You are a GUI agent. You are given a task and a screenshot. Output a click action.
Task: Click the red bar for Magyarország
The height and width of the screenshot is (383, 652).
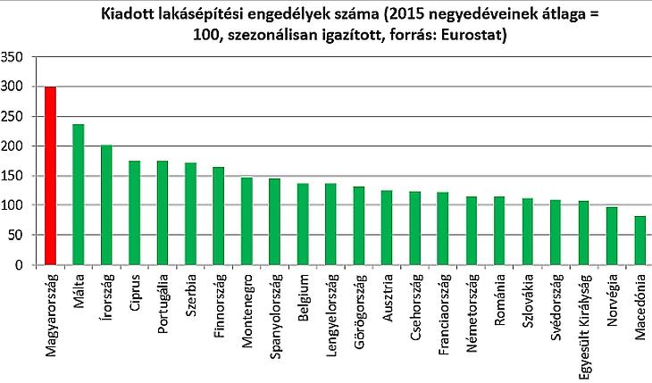click(x=50, y=176)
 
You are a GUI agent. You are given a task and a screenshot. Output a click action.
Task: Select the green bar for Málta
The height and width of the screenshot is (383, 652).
click(x=79, y=195)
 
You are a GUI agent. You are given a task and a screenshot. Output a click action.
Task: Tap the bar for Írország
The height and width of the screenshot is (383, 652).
click(x=106, y=204)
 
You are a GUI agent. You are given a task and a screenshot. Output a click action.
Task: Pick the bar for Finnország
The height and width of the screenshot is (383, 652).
click(x=219, y=216)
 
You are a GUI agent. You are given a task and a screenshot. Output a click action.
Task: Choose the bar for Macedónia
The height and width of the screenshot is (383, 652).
click(x=639, y=240)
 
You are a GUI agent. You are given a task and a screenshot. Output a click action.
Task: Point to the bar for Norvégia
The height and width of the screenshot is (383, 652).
click(x=611, y=236)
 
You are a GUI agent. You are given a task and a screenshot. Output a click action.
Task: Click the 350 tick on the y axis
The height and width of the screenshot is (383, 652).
click(x=13, y=57)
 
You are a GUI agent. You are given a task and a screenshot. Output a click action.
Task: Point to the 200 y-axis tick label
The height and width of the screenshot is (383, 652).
click(x=13, y=146)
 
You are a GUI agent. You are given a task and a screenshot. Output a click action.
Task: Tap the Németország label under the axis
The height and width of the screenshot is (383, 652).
click(x=471, y=309)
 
